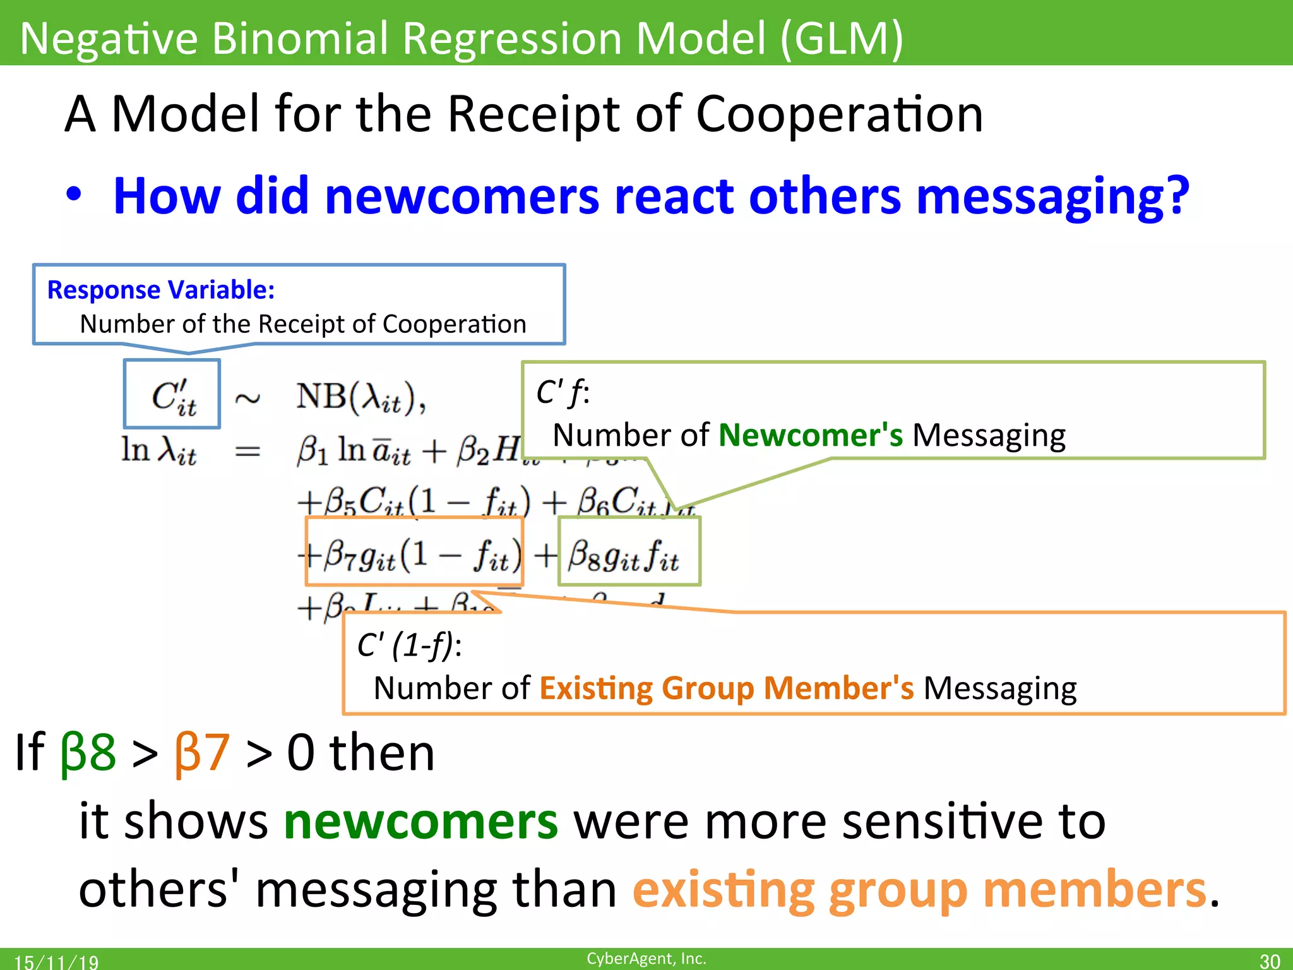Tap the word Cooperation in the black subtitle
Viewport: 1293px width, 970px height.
(x=839, y=114)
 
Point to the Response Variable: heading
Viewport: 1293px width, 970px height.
(x=161, y=290)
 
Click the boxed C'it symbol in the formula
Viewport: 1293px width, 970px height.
(x=172, y=396)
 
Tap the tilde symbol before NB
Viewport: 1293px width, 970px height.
(x=247, y=398)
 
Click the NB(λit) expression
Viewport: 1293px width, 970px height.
(x=361, y=398)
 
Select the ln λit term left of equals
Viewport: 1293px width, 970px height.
(x=158, y=451)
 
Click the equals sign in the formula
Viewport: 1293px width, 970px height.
(x=247, y=451)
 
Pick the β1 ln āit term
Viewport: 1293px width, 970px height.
(x=354, y=451)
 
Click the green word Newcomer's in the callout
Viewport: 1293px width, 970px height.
(x=811, y=436)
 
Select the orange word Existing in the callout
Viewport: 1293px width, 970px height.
(x=596, y=688)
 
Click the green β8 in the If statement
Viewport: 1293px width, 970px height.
(x=88, y=753)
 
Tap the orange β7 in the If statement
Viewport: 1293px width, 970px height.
(x=201, y=753)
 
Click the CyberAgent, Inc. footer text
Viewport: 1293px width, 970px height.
(x=646, y=959)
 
